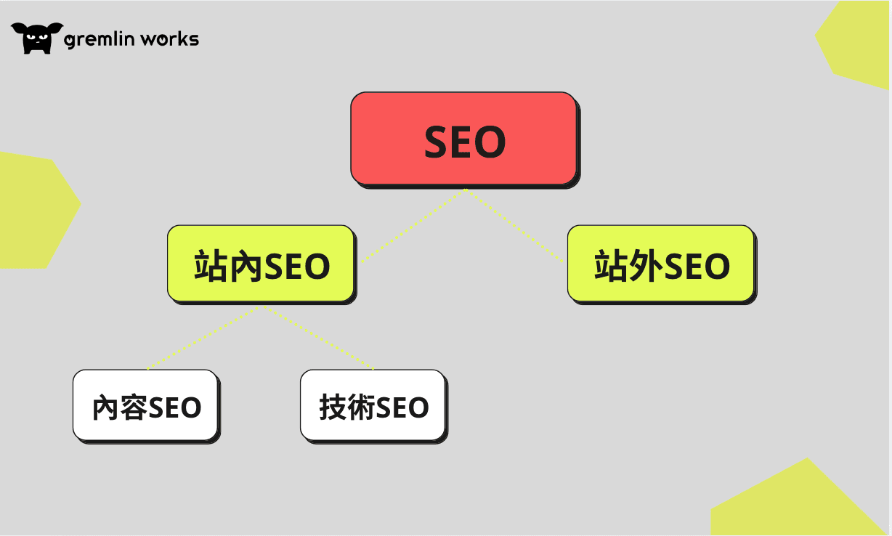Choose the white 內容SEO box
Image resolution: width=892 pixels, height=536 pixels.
click(145, 405)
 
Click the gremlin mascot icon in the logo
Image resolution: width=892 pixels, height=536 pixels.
click(37, 38)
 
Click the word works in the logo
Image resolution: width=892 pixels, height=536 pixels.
click(170, 39)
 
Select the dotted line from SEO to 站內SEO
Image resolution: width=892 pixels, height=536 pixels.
click(413, 226)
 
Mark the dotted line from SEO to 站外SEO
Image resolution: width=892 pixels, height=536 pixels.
click(514, 226)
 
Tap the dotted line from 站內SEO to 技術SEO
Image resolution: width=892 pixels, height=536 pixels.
click(318, 338)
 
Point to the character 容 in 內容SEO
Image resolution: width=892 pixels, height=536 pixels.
click(134, 407)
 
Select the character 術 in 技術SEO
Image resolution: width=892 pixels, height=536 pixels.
click(361, 407)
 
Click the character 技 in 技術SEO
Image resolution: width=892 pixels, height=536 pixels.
click(333, 407)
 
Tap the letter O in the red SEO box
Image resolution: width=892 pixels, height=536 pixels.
click(490, 142)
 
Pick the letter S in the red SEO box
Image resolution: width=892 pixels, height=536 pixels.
click(437, 142)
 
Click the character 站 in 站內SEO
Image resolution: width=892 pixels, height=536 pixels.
click(210, 266)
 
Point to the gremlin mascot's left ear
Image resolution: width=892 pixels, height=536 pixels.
click(18, 28)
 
